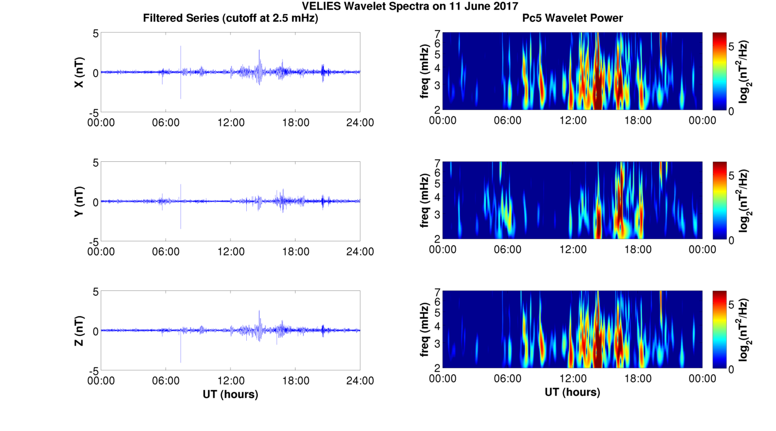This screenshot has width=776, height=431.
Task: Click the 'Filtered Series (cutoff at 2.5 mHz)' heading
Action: coord(230,19)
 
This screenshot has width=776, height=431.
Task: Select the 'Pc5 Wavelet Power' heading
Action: coord(572,19)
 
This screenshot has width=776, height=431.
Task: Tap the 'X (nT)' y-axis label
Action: coord(79,72)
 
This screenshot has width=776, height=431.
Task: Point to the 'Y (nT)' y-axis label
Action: coord(79,201)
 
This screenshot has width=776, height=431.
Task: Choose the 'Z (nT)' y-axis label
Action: coord(79,330)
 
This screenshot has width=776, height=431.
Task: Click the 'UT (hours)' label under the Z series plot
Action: coord(230,394)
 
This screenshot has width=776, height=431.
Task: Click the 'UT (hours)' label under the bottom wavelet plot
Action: coord(572,392)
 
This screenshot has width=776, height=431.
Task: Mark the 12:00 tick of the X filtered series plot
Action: coord(230,122)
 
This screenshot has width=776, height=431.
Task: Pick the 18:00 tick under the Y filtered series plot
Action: coord(296,251)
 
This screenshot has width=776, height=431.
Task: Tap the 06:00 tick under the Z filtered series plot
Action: coord(166,380)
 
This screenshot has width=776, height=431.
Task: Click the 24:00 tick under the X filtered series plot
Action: coord(360,122)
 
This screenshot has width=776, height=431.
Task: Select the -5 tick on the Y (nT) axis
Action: coord(94,241)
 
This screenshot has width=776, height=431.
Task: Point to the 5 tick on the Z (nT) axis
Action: coord(95,292)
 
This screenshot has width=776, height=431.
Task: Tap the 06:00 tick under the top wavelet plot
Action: coord(507,120)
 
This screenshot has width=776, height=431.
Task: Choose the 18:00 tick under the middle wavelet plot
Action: coord(638,249)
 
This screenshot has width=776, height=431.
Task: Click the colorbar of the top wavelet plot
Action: coord(720,71)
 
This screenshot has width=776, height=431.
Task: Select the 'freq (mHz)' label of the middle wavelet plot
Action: coord(425,201)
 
